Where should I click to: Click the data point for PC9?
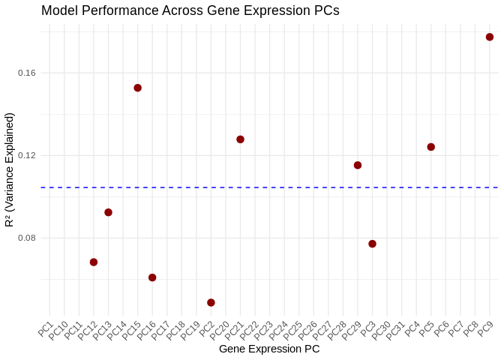point(490,37)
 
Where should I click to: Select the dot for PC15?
point(138,88)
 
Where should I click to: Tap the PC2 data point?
point(211,302)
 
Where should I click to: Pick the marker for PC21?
point(240,139)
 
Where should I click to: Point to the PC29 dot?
point(358,165)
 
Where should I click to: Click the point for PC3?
point(372,244)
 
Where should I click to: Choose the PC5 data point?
point(431,147)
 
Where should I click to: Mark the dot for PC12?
point(94,262)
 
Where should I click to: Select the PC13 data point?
point(108,212)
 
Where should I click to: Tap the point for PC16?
point(152,277)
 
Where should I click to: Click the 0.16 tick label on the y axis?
point(27,73)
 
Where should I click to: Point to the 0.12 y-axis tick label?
point(27,155)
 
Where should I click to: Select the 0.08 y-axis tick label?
point(27,238)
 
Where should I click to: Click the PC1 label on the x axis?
point(45,328)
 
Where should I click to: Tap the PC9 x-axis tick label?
point(485,328)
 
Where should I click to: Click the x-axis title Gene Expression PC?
point(269,349)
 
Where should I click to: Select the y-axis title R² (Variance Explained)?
point(10,169)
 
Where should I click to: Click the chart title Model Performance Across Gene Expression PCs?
point(190,10)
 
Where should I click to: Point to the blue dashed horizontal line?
point(300,187)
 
